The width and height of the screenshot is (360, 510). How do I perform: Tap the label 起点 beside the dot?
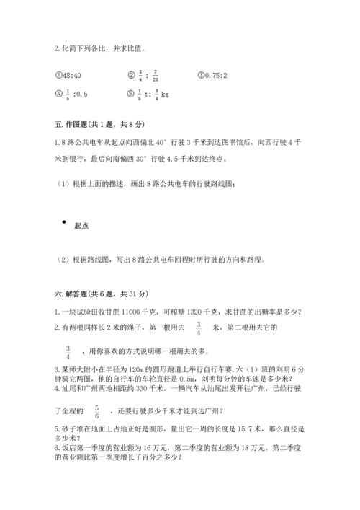coord(81,227)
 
